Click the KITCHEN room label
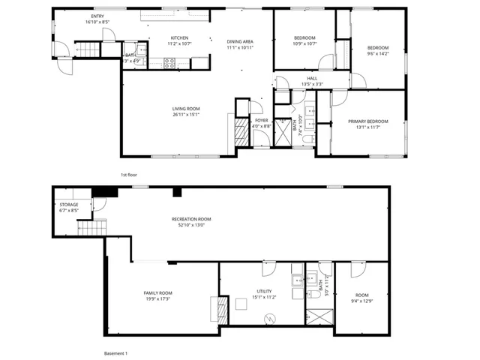pyautogui.click(x=179, y=37)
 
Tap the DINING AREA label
pyautogui.click(x=241, y=42)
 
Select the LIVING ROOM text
pyautogui.click(x=186, y=109)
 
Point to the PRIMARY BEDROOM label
pyautogui.click(x=367, y=121)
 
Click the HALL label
pyautogui.click(x=312, y=77)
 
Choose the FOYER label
pyautogui.click(x=261, y=120)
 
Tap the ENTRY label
pyautogui.click(x=97, y=16)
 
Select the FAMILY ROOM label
pyautogui.click(x=158, y=292)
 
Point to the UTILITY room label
pyautogui.click(x=264, y=291)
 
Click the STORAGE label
pyautogui.click(x=69, y=204)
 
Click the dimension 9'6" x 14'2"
pyautogui.click(x=378, y=53)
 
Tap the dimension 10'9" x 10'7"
pyautogui.click(x=304, y=43)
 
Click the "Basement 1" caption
pyautogui.click(x=115, y=352)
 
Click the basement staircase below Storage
pyautogui.click(x=91, y=228)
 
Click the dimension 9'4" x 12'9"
pyautogui.click(x=362, y=301)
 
